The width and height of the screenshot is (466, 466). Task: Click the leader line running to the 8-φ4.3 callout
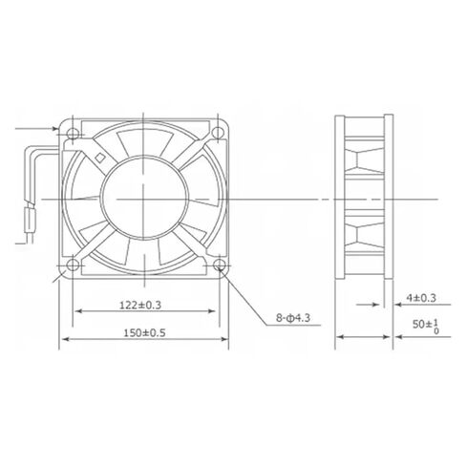(x=243, y=292)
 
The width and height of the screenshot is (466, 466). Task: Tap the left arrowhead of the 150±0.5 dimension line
(x=66, y=339)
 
